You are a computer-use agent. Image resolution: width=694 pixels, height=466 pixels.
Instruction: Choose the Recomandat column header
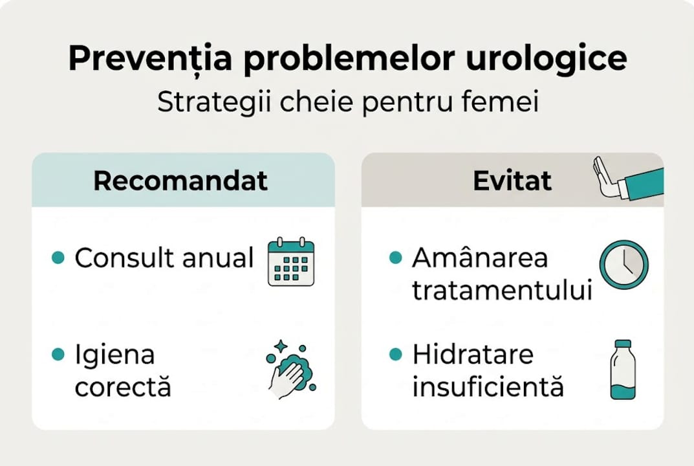(x=180, y=181)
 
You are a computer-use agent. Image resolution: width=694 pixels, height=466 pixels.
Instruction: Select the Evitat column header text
(x=512, y=181)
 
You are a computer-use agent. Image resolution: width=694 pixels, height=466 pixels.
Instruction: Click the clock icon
(x=624, y=265)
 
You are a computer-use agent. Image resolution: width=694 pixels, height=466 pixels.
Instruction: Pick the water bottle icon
(x=623, y=370)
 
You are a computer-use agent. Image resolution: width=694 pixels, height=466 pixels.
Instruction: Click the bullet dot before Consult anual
(x=58, y=258)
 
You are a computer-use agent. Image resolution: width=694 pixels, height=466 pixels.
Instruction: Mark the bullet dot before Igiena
(x=58, y=355)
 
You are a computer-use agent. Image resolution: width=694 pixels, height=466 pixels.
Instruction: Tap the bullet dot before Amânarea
(x=395, y=258)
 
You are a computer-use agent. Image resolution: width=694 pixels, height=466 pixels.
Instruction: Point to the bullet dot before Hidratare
(x=395, y=355)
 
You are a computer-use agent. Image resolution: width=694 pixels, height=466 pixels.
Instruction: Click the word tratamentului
(x=502, y=291)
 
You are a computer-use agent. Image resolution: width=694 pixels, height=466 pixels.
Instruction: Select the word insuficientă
(x=488, y=387)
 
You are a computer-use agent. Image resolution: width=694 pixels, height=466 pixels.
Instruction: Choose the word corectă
(x=123, y=387)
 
